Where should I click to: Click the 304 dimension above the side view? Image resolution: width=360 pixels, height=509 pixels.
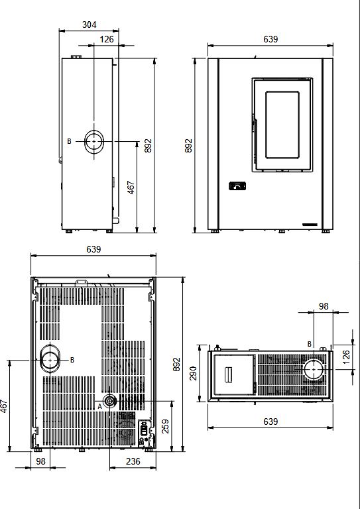pyautogui.click(x=90, y=25)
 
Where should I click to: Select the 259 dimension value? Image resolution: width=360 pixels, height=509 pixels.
pyautogui.click(x=165, y=426)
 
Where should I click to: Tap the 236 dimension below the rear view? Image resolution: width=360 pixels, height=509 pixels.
pyautogui.click(x=133, y=461)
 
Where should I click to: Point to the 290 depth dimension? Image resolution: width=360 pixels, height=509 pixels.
pyautogui.click(x=193, y=373)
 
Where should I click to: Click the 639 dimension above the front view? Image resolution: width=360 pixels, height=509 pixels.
pyautogui.click(x=270, y=39)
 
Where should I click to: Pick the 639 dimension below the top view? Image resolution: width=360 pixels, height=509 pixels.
pyautogui.click(x=270, y=422)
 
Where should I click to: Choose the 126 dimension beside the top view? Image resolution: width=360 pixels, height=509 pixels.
pyautogui.click(x=346, y=357)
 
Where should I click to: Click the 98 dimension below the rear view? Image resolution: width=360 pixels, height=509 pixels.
pyautogui.click(x=40, y=461)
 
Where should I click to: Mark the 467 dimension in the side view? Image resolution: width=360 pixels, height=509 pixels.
pyautogui.click(x=131, y=188)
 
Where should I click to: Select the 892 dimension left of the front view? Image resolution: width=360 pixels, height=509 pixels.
pyautogui.click(x=188, y=146)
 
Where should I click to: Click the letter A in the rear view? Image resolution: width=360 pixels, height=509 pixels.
pyautogui.click(x=100, y=406)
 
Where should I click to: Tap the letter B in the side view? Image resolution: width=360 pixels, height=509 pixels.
pyautogui.click(x=69, y=142)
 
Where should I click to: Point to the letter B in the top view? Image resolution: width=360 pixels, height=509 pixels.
pyautogui.click(x=310, y=344)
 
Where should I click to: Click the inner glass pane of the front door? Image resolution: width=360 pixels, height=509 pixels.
pyautogui.click(x=282, y=125)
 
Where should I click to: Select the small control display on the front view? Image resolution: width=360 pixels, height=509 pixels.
pyautogui.click(x=237, y=186)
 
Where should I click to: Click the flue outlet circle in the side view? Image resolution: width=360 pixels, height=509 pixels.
pyautogui.click(x=94, y=134)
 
